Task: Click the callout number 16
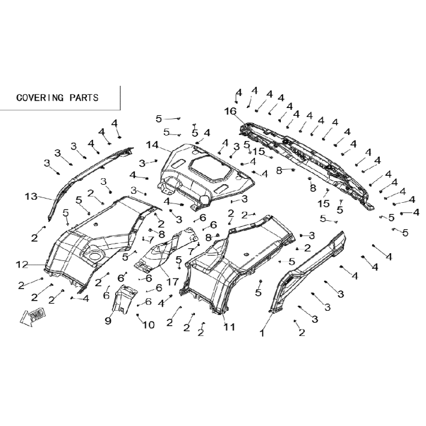230,111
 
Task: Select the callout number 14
152,145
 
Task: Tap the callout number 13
31,196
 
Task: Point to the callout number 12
22,265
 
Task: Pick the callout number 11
229,327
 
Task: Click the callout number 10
149,325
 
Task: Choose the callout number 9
108,321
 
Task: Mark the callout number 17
173,282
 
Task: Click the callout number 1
262,333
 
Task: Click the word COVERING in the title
40,98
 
